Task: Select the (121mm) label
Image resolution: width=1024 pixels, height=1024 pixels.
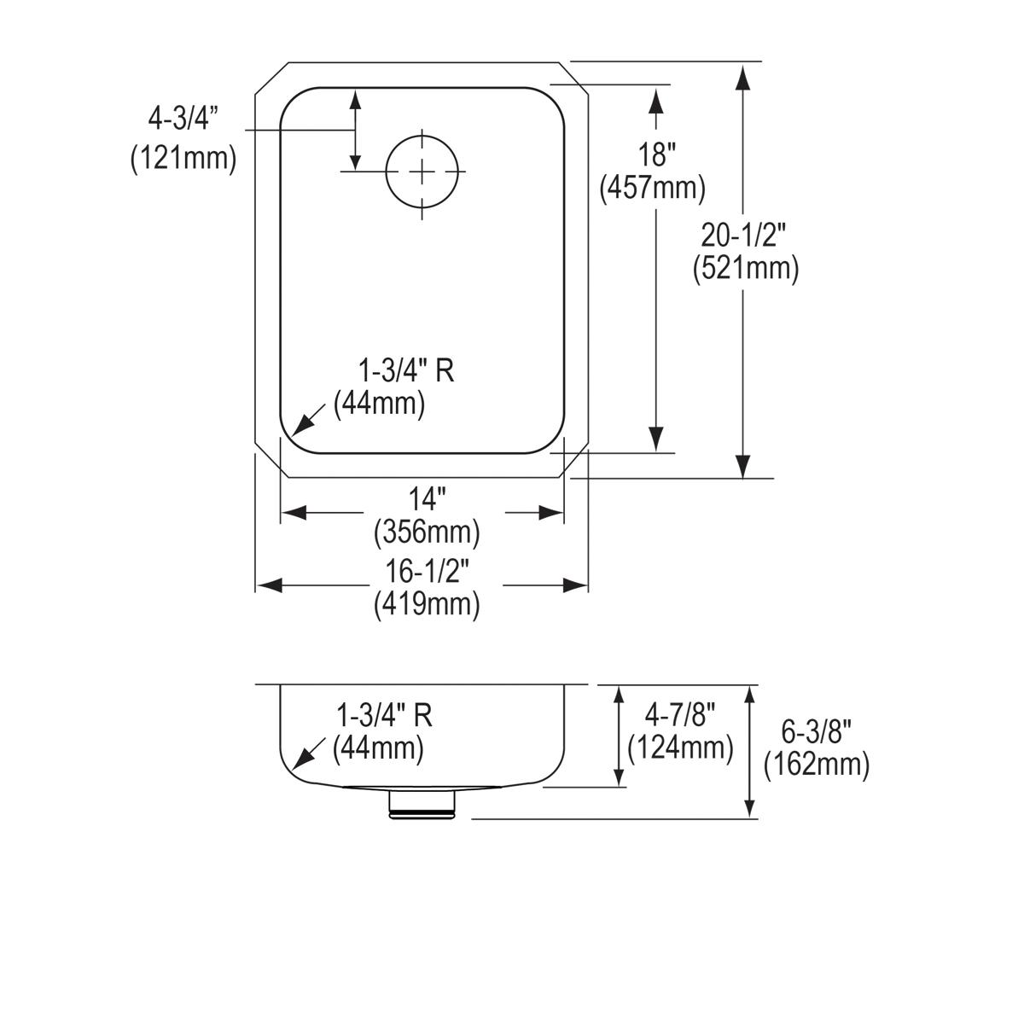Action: point(183,158)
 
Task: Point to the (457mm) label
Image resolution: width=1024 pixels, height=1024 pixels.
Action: point(653,188)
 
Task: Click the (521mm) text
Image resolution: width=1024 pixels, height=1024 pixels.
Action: point(746,268)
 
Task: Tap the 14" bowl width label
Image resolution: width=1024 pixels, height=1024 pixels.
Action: point(426,497)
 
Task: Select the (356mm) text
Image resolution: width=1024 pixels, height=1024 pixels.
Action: point(427,532)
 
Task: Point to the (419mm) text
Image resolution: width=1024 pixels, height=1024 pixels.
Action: point(427,605)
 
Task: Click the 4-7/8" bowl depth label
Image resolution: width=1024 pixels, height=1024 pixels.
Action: point(680,713)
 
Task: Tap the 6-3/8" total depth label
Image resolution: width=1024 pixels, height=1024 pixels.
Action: point(817,730)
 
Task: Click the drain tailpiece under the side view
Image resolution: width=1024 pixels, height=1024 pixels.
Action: point(424,805)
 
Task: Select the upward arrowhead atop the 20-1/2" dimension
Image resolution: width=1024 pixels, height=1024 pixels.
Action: point(743,78)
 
